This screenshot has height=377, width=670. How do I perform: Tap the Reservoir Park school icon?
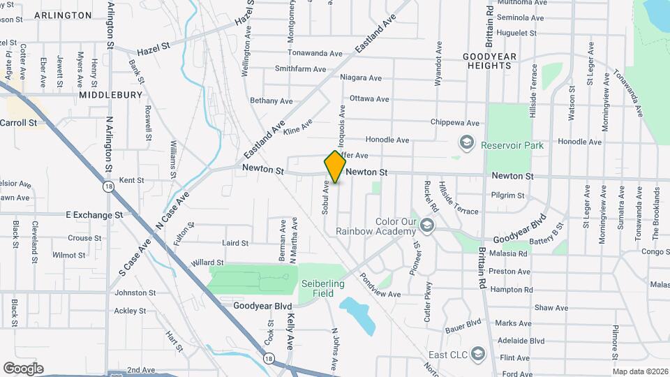tap(466, 142)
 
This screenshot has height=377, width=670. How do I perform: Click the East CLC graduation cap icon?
tap(477, 353)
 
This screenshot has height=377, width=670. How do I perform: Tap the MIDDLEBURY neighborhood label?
tap(110, 94)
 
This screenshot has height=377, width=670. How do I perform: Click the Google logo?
tap(23, 368)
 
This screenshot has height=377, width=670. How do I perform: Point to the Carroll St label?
tap(18, 123)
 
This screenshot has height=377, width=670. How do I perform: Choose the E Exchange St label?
tap(94, 215)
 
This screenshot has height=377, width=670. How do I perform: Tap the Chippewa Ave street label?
tap(456, 123)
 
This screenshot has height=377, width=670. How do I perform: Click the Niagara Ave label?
tap(361, 78)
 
